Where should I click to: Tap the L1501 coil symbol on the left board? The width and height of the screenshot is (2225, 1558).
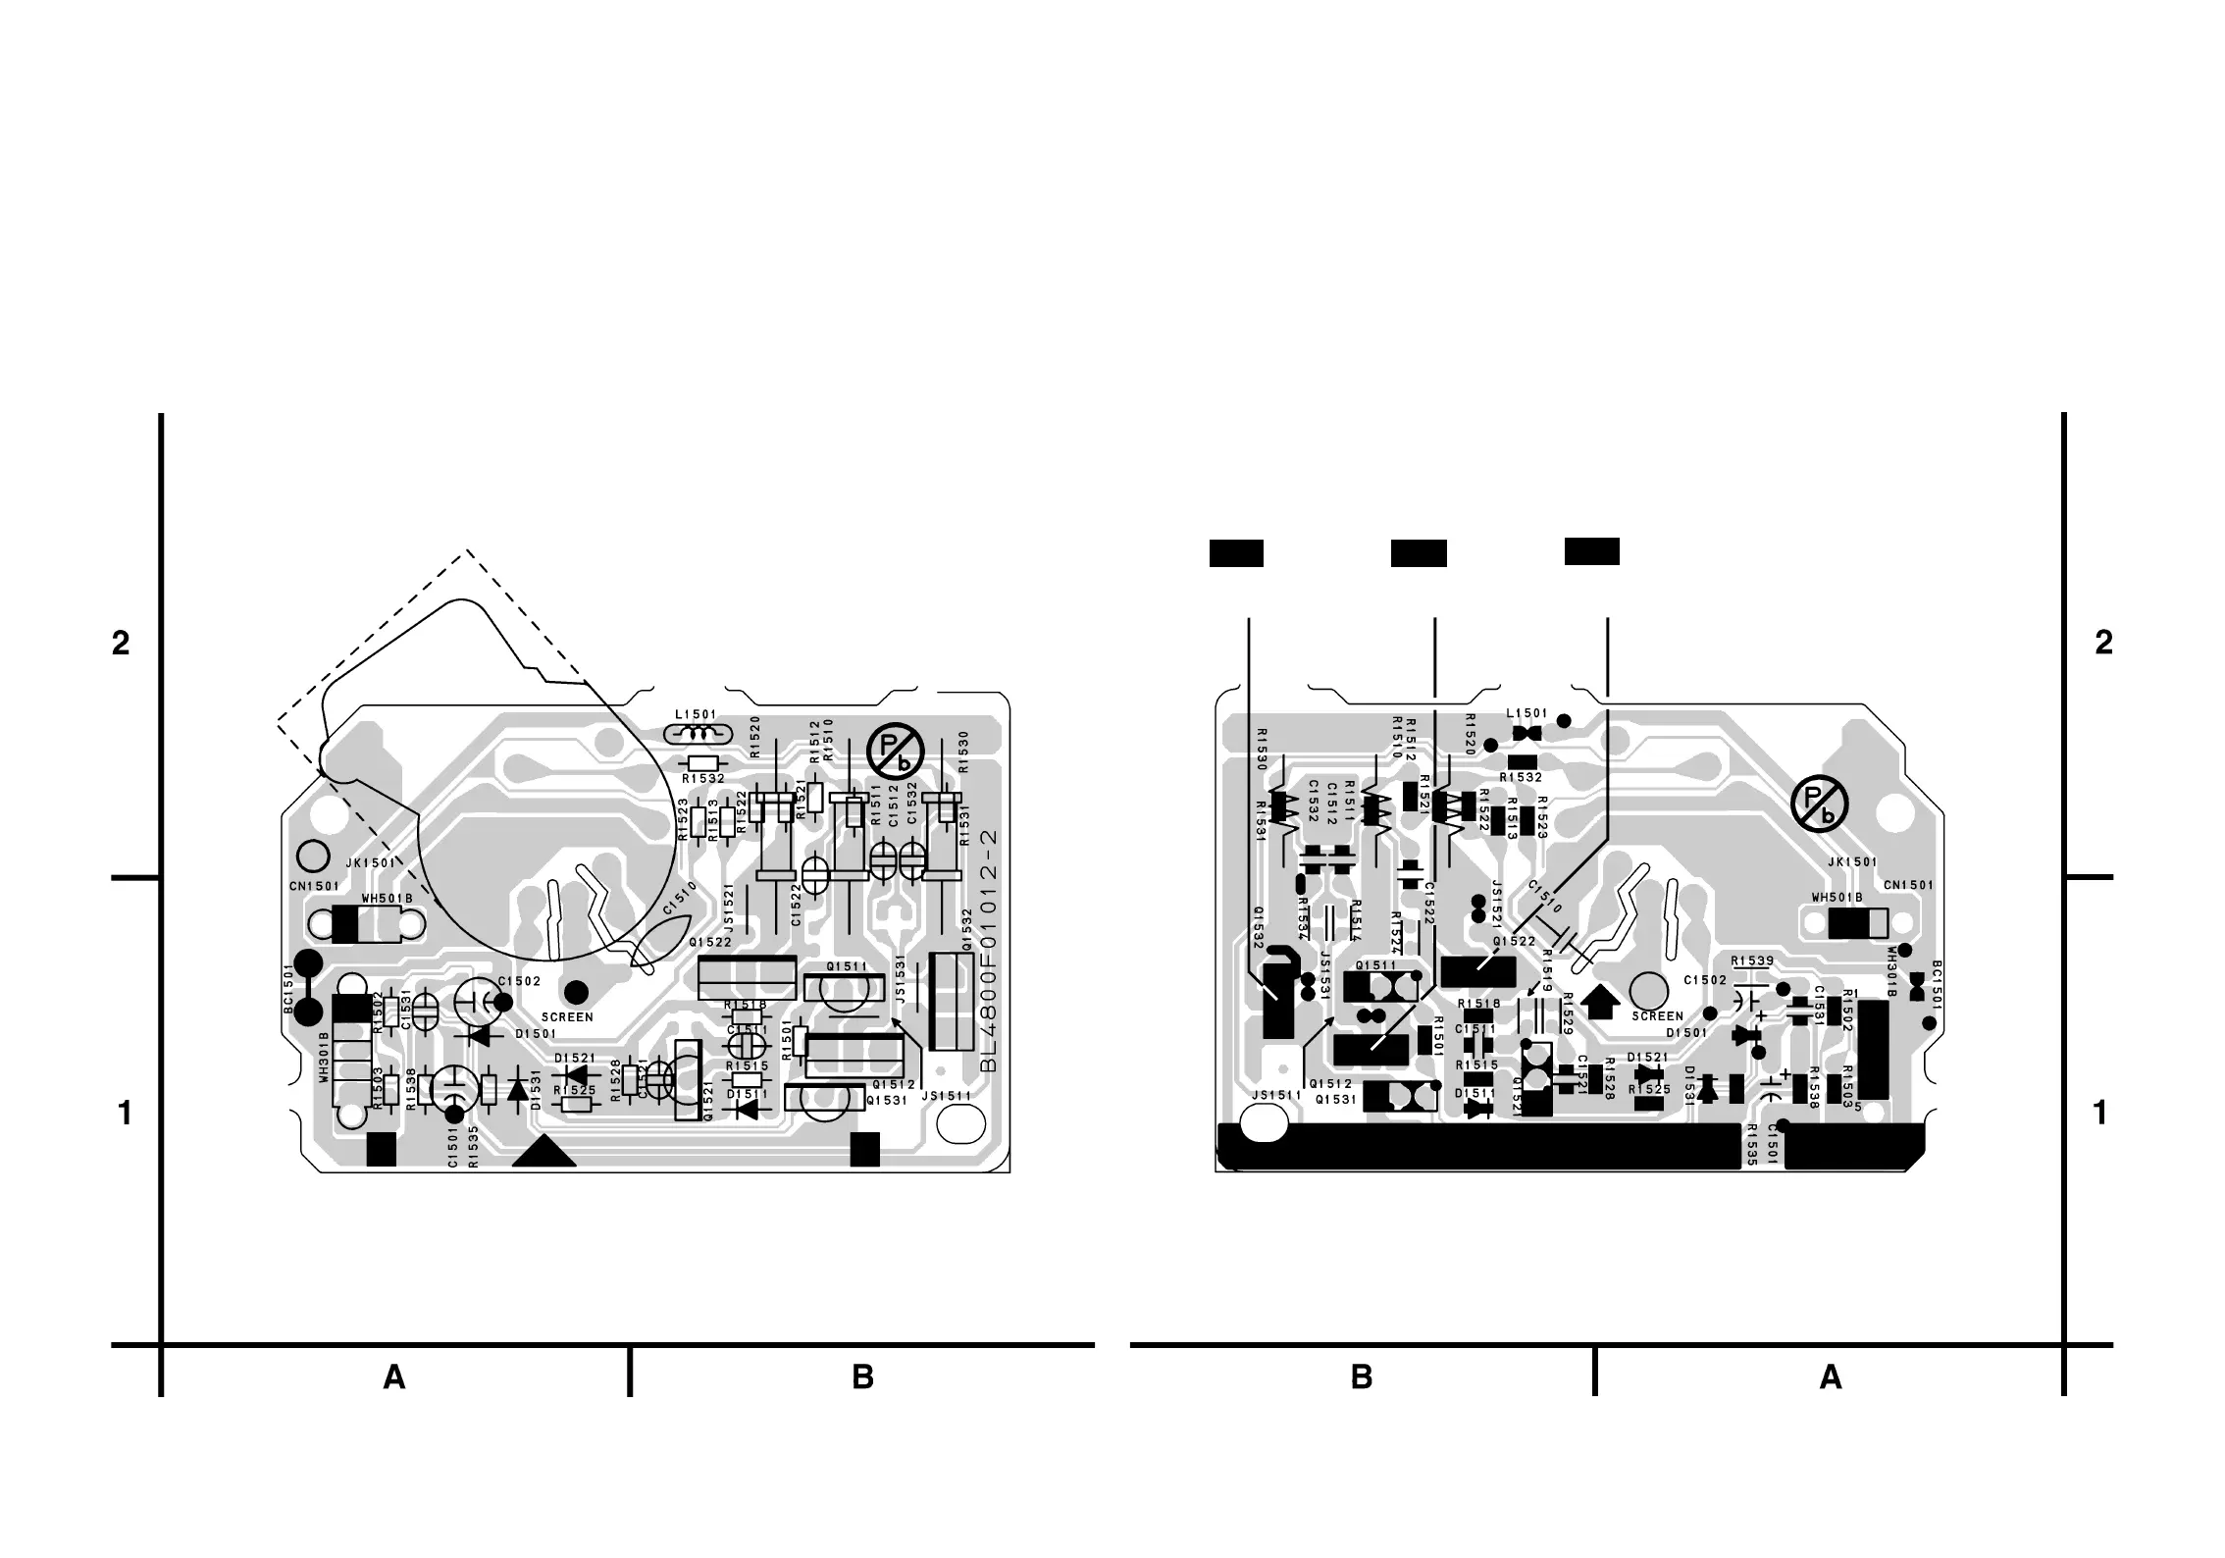[698, 733]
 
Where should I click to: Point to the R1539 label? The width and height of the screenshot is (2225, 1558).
[1751, 961]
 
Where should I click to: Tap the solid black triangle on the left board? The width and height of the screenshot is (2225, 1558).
[544, 1152]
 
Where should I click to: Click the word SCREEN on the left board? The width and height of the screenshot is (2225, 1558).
[567, 1016]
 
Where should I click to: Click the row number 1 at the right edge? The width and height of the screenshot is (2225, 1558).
[2099, 1114]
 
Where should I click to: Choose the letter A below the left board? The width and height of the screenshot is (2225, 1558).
[394, 1378]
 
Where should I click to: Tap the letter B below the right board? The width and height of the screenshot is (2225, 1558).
[1361, 1378]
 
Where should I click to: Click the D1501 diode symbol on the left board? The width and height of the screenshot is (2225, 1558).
[481, 1034]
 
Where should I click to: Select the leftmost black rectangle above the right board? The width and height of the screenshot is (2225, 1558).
[1236, 553]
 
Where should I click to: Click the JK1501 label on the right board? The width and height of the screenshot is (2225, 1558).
[1852, 862]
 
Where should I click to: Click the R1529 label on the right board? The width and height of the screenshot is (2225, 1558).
[1567, 1013]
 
